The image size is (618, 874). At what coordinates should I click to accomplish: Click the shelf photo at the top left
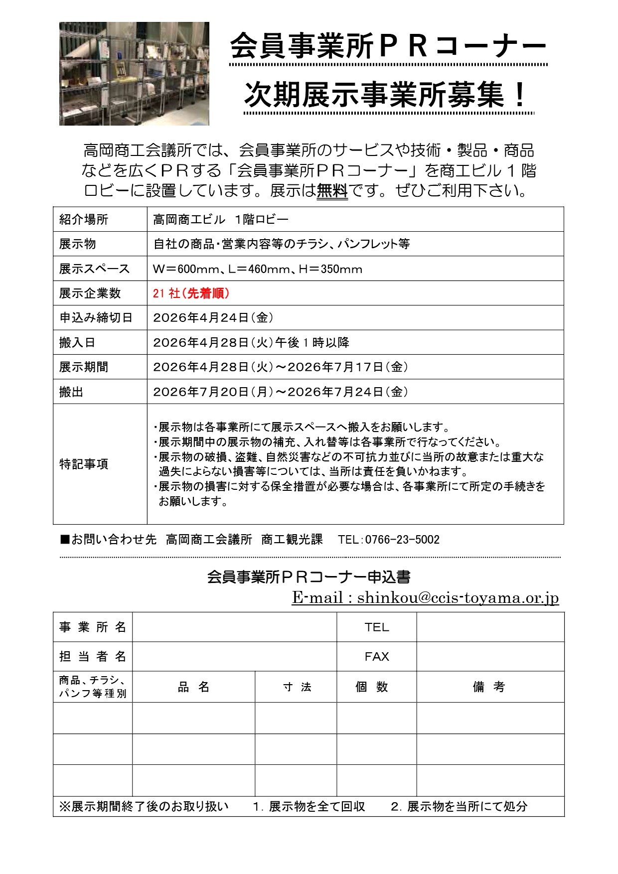(x=134, y=73)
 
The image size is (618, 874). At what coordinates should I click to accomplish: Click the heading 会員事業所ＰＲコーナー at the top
(x=388, y=47)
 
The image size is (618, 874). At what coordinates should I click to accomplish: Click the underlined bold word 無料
(x=332, y=191)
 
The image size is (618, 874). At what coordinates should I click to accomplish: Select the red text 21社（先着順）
(x=191, y=293)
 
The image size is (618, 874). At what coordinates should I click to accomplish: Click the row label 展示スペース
(x=94, y=269)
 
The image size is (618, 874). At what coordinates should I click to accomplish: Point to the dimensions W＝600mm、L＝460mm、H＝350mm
(x=258, y=269)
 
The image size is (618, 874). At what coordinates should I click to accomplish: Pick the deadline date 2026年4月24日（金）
(x=213, y=317)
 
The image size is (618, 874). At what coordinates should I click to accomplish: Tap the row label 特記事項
(x=83, y=464)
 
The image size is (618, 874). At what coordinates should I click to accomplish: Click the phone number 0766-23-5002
(x=402, y=540)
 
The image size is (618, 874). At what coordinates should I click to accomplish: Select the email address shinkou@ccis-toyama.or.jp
(x=458, y=597)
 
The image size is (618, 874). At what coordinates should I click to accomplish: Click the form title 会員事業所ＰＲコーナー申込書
(x=309, y=577)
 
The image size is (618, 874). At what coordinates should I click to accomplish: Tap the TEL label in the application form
(x=376, y=627)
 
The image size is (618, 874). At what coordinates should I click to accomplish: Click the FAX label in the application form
(x=376, y=657)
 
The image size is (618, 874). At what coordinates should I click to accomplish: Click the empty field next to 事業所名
(x=234, y=627)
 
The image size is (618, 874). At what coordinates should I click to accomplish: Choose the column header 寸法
(x=297, y=687)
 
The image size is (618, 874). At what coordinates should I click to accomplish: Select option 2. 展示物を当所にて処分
(x=459, y=806)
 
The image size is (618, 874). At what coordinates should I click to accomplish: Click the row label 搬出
(x=71, y=392)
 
